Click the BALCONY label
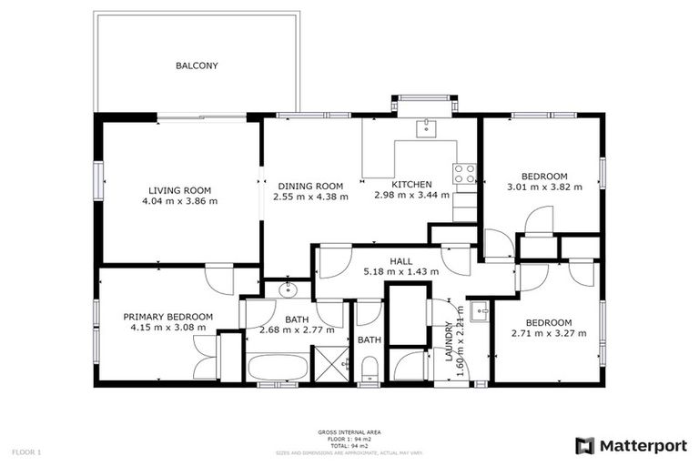click(x=197, y=66)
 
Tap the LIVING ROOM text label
click(x=179, y=190)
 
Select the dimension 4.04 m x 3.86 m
click(x=179, y=201)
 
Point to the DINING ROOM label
click(x=310, y=185)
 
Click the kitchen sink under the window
click(x=426, y=128)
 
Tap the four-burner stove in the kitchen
click(x=464, y=173)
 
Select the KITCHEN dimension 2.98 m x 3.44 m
click(x=406, y=196)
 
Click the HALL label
click(x=400, y=261)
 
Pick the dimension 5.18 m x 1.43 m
click(x=400, y=271)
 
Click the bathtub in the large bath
click(x=279, y=369)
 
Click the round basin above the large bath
click(x=287, y=290)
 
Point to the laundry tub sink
click(x=481, y=311)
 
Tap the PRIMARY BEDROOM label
click(x=168, y=317)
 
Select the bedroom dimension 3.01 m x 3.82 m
click(x=544, y=187)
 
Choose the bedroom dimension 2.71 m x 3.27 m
click(x=548, y=334)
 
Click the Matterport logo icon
click(x=585, y=445)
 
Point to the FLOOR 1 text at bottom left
click(x=26, y=451)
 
